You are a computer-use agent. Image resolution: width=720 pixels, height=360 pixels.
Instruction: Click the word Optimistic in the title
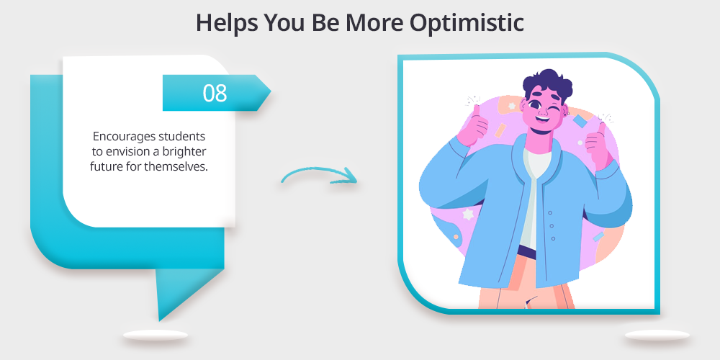click(467, 22)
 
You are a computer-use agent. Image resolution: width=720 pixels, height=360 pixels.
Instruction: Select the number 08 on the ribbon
click(215, 93)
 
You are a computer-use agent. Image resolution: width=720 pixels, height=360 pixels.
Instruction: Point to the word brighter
click(184, 151)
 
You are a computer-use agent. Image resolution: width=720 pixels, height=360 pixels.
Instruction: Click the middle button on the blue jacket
click(551, 226)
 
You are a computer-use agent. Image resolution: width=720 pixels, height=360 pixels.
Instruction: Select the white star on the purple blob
click(467, 214)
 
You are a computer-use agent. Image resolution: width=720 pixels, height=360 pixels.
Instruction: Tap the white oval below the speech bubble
click(156, 336)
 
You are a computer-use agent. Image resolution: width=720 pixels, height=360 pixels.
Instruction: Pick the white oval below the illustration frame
click(657, 336)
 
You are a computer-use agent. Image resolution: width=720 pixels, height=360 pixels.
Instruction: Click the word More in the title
click(375, 22)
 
